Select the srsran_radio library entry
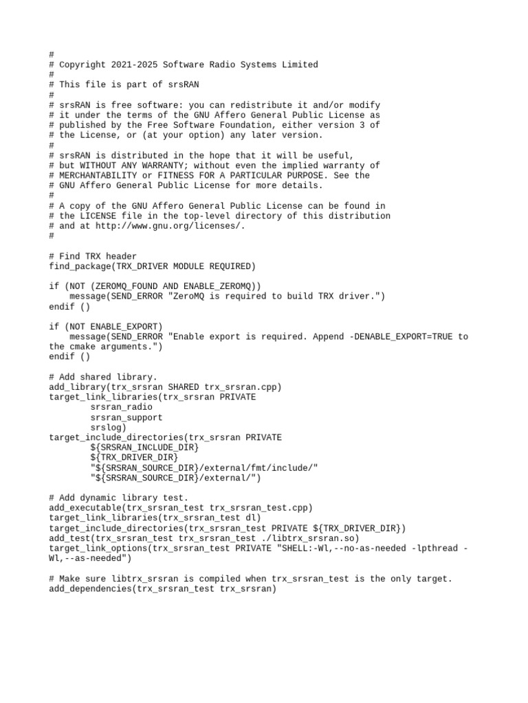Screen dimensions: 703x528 pyautogui.click(x=121, y=407)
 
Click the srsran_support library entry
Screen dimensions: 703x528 pyautogui.click(x=126, y=417)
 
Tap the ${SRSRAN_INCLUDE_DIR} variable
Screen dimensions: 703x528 pyautogui.click(x=144, y=448)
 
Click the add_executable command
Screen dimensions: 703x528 pyautogui.click(x=84, y=508)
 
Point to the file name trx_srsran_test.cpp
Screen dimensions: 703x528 pyautogui.click(x=261, y=508)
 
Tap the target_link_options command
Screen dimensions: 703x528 pyautogui.click(x=97, y=549)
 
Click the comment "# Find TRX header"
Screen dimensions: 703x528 pyautogui.click(x=93, y=256)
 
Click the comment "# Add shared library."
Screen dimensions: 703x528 pyautogui.click(x=103, y=377)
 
